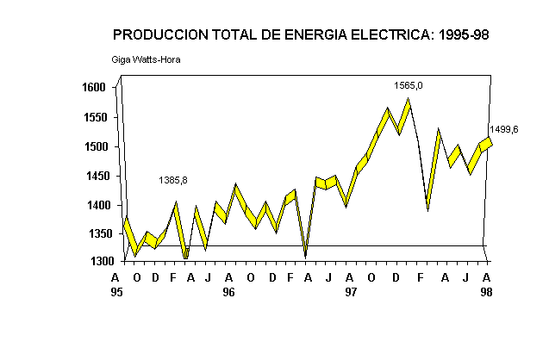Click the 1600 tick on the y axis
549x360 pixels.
coord(94,88)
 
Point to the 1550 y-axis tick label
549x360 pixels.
coord(94,117)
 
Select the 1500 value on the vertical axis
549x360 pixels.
coord(94,146)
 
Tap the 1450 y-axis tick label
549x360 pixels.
coord(94,176)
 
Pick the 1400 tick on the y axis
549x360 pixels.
coord(94,205)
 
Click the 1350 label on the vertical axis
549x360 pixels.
coord(94,234)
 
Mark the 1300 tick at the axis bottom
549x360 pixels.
coord(94,261)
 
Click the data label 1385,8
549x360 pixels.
coord(172,180)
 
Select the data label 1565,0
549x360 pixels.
coord(409,85)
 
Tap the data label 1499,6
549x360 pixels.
coord(504,129)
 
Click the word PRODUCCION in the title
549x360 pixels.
coord(158,35)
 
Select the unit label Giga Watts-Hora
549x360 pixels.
coord(146,59)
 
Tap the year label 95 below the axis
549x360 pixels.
coord(116,292)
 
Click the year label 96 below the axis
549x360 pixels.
coord(228,292)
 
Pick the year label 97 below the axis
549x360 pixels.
coord(350,292)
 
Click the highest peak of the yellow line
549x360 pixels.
coord(408,100)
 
